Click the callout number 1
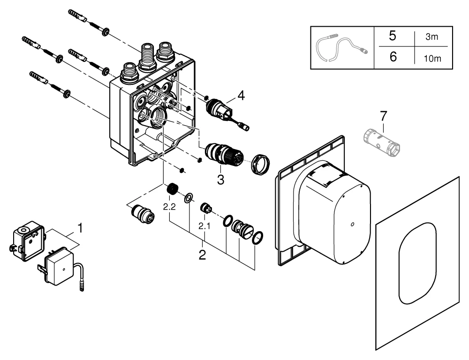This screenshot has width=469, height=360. (81, 230)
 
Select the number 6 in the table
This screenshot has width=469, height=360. (393, 57)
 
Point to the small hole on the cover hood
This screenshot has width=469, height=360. (352, 225)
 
